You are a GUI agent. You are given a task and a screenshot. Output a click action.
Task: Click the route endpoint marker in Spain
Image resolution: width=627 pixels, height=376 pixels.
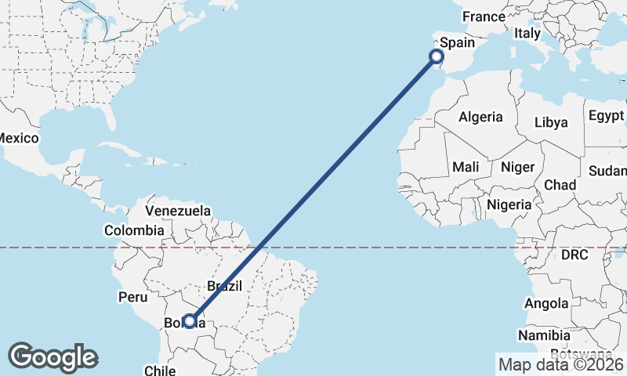(437, 56)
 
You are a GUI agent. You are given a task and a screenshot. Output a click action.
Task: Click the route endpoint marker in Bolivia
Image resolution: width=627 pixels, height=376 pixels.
(189, 321)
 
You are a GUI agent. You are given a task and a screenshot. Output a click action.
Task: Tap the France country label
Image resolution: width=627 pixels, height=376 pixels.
(484, 16)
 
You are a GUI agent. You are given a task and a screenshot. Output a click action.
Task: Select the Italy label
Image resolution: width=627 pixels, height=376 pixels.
(527, 34)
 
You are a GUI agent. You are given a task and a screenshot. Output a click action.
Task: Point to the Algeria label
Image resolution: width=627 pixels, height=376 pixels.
(480, 117)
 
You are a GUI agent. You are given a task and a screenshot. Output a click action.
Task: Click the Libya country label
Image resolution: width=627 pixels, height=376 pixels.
(550, 122)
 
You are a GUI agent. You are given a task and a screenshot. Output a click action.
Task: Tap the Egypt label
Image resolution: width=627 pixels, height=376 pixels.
(606, 115)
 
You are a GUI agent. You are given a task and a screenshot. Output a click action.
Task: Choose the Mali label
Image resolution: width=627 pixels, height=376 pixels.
(466, 167)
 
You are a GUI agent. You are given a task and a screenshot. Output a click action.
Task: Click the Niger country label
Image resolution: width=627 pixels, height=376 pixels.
(516, 167)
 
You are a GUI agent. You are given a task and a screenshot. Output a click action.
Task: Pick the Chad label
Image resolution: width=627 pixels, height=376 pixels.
(560, 185)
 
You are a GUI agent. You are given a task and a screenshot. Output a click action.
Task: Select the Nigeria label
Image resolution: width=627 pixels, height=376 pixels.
(509, 204)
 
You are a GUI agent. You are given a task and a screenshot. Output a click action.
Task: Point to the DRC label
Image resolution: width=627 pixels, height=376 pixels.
(574, 255)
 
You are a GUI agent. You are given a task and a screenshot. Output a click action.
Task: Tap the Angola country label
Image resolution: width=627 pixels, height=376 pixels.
(547, 303)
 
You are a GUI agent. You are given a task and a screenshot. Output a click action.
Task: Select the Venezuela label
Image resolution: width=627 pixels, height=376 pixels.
(179, 211)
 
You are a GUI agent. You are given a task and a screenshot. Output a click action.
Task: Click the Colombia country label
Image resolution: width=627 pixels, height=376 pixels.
(134, 230)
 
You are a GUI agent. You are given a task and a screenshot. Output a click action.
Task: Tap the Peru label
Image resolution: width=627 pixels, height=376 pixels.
(132, 297)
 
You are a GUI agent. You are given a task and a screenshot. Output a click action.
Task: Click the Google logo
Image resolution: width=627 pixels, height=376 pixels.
(53, 357)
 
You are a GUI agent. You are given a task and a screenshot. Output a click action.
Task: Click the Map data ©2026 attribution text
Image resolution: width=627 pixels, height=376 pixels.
(561, 364)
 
